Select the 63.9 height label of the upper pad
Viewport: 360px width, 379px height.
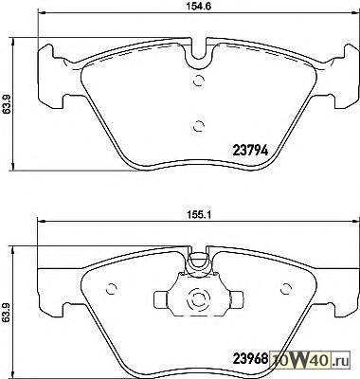[x=7, y=104]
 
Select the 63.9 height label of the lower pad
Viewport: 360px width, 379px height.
[x=7, y=313]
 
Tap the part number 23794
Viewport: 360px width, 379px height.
[x=250, y=151]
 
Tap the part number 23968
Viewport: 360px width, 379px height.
[x=250, y=358]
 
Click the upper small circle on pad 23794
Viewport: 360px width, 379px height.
[x=199, y=81]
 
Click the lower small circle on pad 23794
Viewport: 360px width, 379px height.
[x=199, y=126]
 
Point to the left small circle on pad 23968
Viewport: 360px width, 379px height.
[x=111, y=288]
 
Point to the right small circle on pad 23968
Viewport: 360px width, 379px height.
[x=286, y=288]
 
